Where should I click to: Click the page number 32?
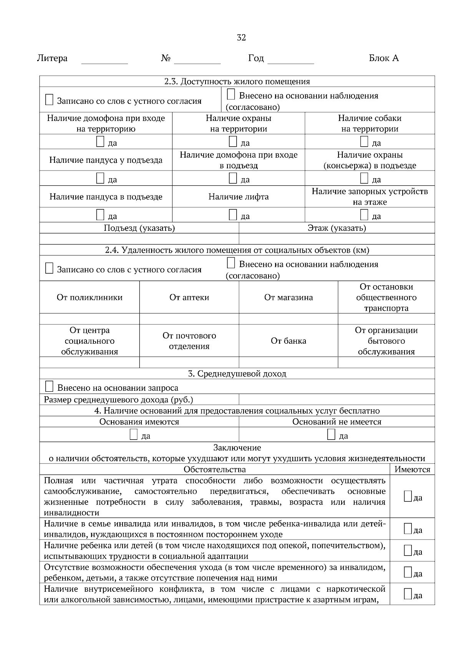point(241,38)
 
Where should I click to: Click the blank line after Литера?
point(104,60)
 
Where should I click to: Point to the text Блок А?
point(383,58)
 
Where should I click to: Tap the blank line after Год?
point(290,60)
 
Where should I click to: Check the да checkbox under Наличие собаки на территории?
point(364,142)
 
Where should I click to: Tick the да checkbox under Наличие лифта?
point(232,215)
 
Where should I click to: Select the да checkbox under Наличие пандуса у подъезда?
point(100,178)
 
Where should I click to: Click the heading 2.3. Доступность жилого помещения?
point(237,81)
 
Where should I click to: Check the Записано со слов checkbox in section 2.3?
point(49,100)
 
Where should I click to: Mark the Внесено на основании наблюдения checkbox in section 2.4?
point(230,263)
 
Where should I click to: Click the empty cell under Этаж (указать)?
point(337,239)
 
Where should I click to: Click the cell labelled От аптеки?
point(189,298)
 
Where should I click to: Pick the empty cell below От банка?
point(288,362)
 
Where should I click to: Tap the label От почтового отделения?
point(189,341)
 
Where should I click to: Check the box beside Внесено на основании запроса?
point(49,386)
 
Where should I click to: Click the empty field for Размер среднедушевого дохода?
point(337,400)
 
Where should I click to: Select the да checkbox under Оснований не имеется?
point(331,435)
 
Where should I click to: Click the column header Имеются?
point(412,470)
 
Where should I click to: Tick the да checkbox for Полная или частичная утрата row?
point(408,496)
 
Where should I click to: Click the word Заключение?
point(237,448)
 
